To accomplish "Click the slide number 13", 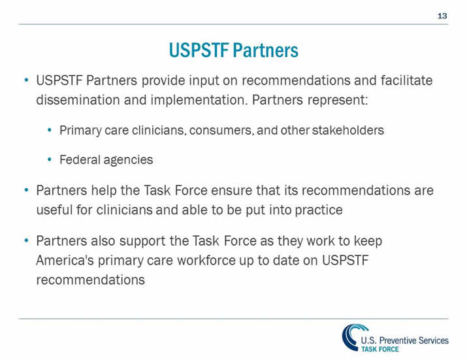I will tap(442, 15).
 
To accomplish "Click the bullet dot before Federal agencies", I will tap(50, 159).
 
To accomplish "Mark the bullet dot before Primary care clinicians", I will tap(50, 130).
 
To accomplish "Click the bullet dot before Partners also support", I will tap(26, 241).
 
